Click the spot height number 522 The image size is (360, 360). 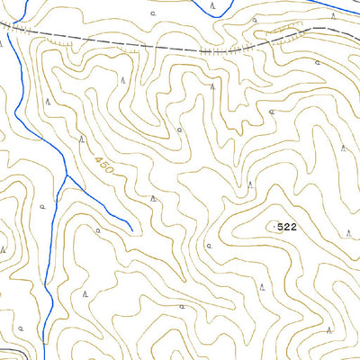click(x=287, y=228)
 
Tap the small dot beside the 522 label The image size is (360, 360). click(x=274, y=228)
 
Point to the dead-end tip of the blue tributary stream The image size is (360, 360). click(x=132, y=229)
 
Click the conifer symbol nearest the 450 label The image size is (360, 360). click(x=82, y=139)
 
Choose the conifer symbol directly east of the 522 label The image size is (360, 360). click(x=349, y=232)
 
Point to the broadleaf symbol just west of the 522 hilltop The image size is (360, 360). click(x=209, y=243)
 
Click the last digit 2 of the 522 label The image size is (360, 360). click(x=293, y=228)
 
